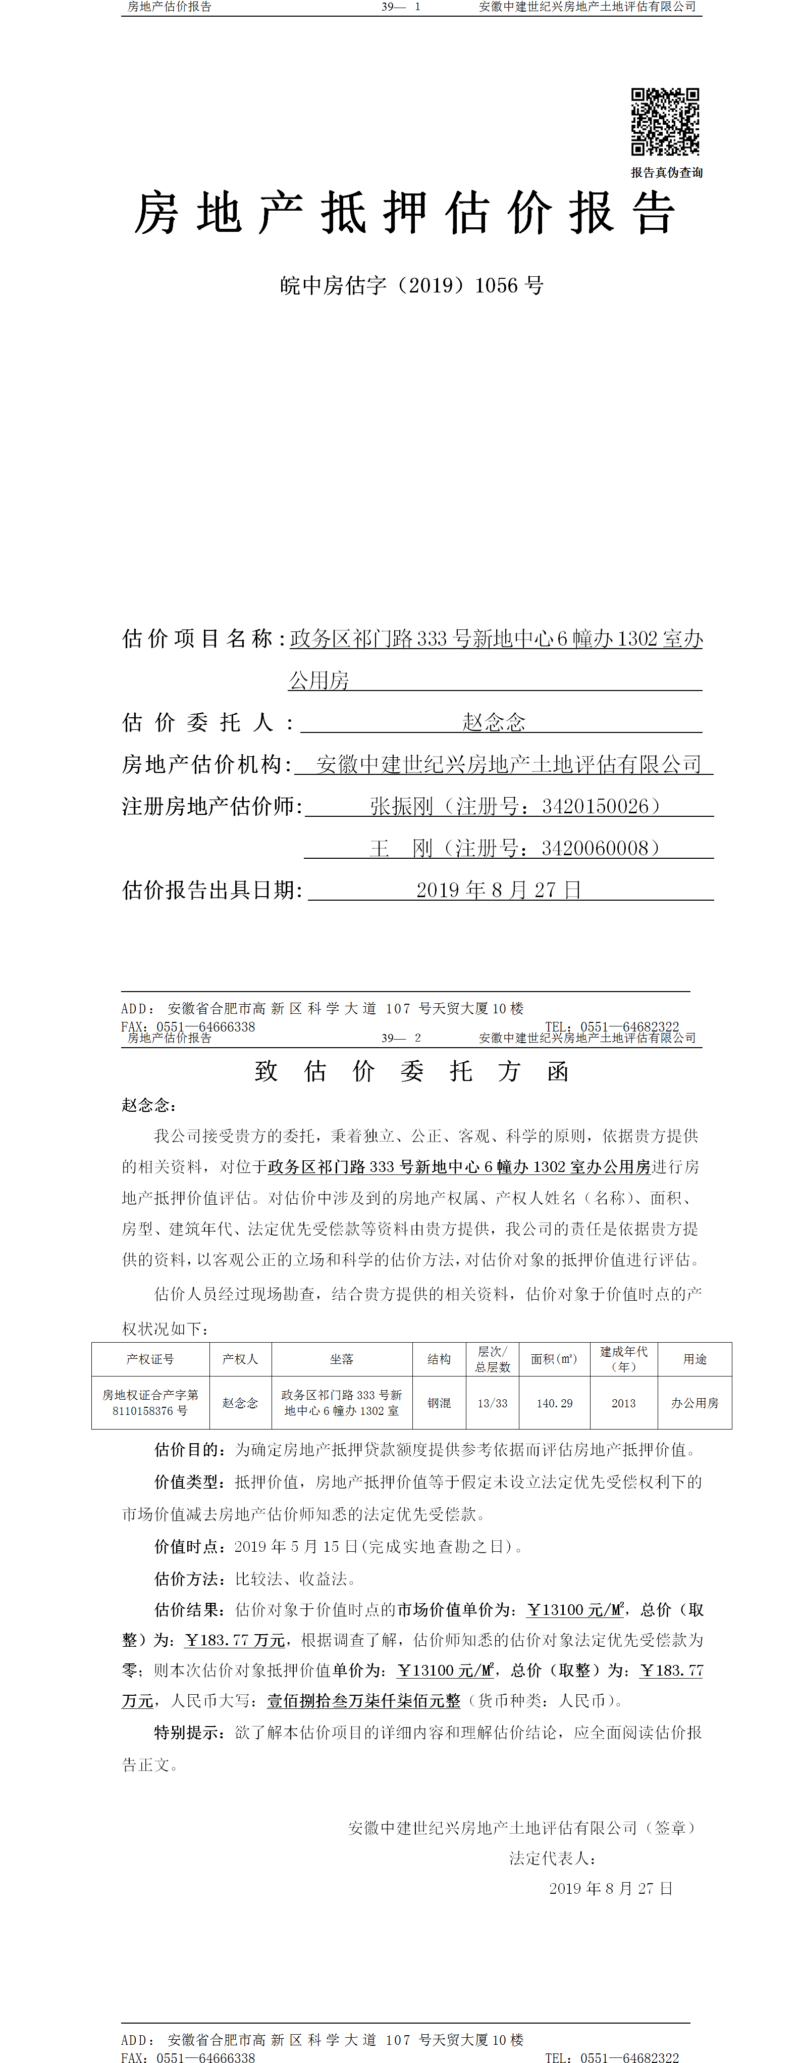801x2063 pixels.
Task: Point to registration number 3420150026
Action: click(x=600, y=807)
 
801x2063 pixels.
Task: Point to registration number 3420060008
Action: click(x=600, y=848)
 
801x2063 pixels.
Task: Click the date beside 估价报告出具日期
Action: click(x=499, y=890)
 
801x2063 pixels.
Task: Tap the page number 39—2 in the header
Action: click(x=401, y=1038)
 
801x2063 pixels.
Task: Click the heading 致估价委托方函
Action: click(x=411, y=1071)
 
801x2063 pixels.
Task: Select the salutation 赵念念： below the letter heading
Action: click(x=149, y=1105)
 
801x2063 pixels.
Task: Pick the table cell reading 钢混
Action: click(x=439, y=1403)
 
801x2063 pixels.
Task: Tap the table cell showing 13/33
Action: click(x=492, y=1403)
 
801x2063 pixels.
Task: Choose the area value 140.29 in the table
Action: click(x=555, y=1403)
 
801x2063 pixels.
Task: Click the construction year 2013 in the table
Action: click(x=623, y=1403)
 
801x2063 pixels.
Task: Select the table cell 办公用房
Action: click(x=695, y=1403)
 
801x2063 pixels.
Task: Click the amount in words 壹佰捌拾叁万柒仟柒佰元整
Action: click(x=363, y=1700)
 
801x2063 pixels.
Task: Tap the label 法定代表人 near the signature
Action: click(x=551, y=1858)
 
